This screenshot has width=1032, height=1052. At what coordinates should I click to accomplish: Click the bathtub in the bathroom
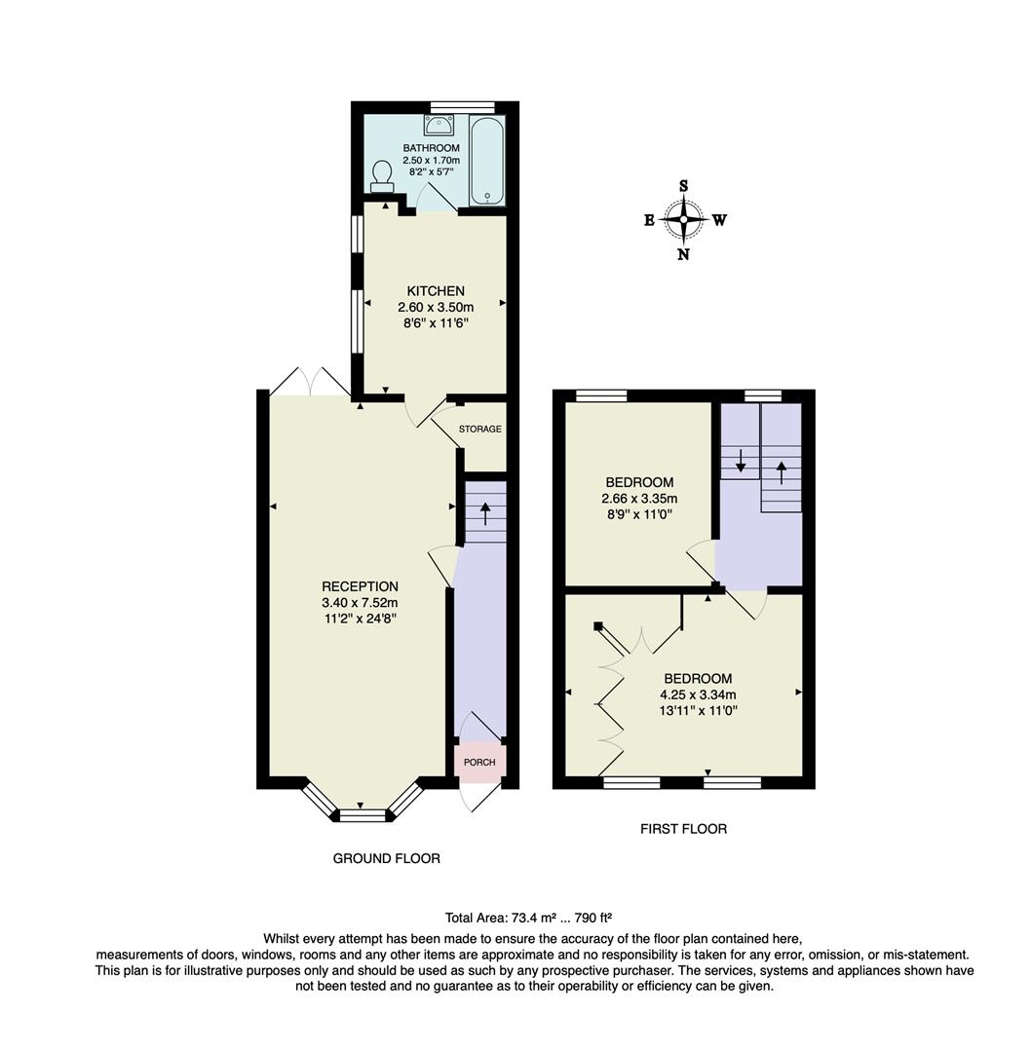pos(487,161)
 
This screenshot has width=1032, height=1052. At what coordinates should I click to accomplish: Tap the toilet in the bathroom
pos(381,176)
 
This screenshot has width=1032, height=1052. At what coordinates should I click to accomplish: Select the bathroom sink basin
pos(439,124)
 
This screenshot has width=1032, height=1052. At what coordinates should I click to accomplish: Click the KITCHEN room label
pos(436,290)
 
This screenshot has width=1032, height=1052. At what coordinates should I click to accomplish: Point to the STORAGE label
pos(480,429)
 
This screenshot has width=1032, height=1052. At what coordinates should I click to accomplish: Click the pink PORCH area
pos(479,762)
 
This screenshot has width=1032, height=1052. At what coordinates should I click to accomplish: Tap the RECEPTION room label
pos(360,586)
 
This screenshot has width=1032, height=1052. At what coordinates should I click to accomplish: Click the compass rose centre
pos(684,219)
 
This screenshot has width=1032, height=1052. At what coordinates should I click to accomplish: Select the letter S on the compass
pos(684,186)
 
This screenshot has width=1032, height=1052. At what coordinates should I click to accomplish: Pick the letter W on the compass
pos(719,220)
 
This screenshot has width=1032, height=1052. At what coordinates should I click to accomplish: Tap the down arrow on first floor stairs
pos(741,460)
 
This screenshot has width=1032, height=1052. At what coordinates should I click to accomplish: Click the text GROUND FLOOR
pos(387,858)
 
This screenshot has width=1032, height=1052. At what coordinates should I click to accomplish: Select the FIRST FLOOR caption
pos(683,829)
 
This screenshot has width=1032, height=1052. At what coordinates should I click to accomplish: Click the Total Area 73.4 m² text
pos(528,917)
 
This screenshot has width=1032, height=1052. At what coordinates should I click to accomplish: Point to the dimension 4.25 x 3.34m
pos(698,695)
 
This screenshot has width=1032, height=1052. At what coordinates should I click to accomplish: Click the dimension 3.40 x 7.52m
pos(360,602)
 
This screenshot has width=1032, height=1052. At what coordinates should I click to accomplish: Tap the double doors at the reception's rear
pos(309,382)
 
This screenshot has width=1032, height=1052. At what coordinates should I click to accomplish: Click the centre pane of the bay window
pos(363,815)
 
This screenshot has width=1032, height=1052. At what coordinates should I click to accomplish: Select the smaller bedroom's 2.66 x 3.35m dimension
pos(639,499)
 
